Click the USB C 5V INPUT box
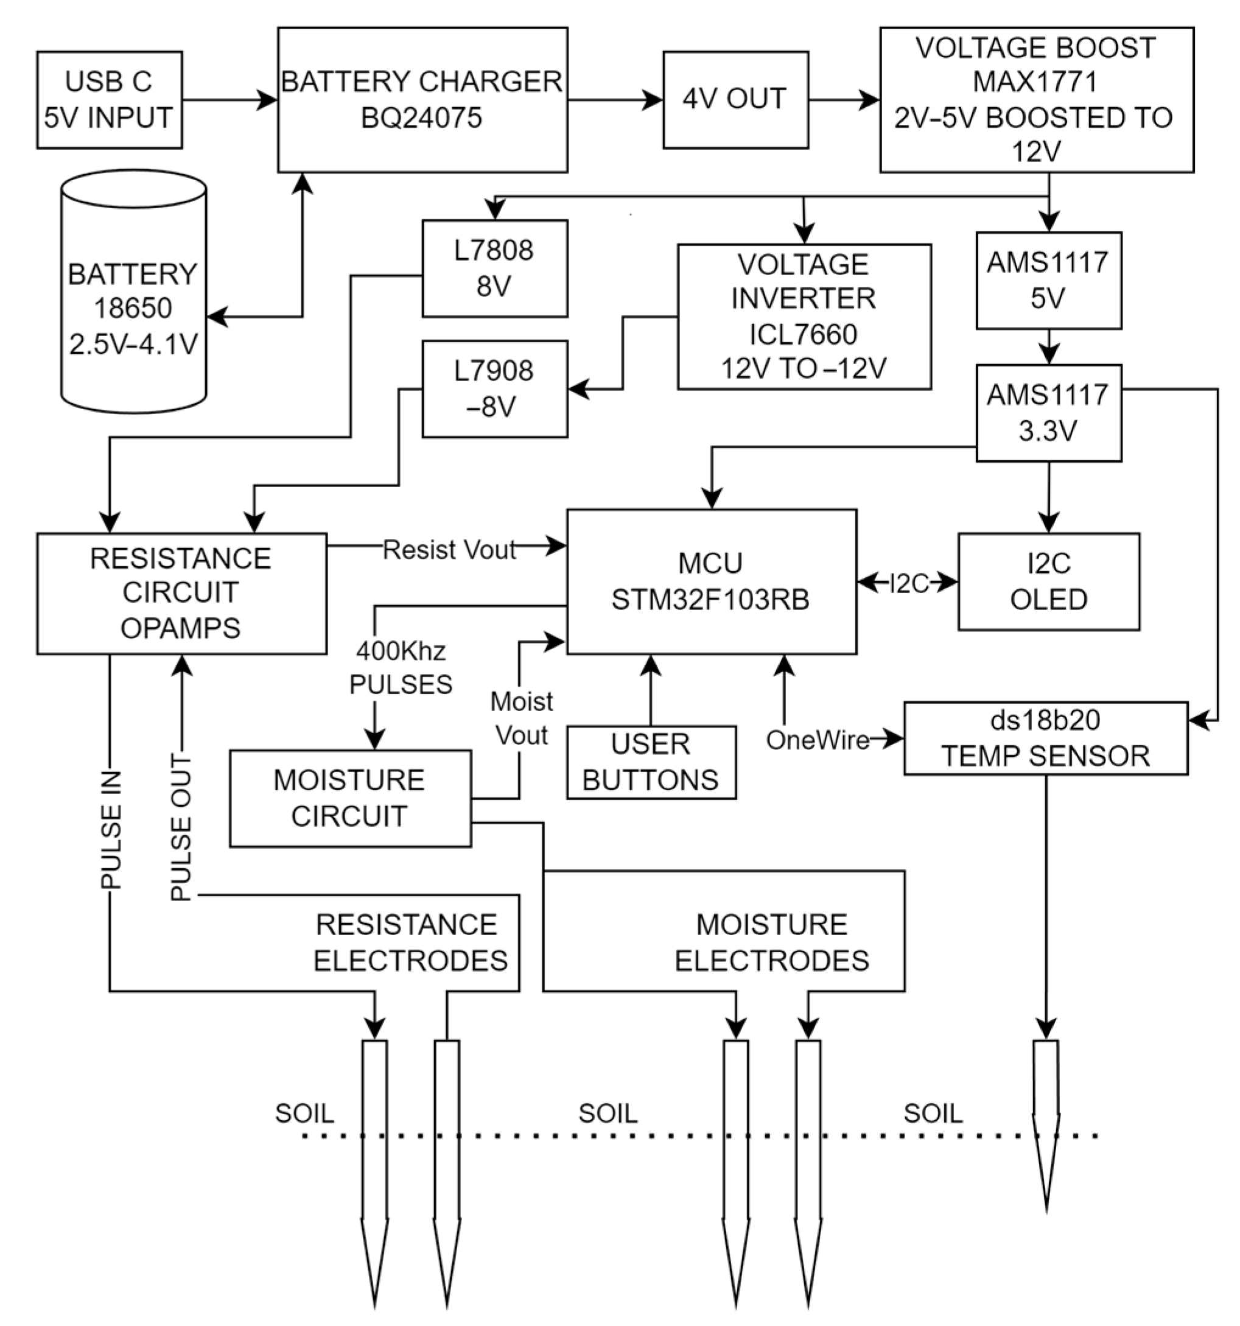(110, 100)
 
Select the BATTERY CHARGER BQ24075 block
(422, 100)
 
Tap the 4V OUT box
(735, 100)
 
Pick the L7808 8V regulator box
(494, 268)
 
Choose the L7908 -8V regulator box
(494, 389)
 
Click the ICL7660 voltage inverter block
(804, 316)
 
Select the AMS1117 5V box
(1048, 280)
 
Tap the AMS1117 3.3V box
(1048, 413)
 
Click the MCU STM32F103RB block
(711, 581)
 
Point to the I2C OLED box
(1048, 581)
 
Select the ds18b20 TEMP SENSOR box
(1045, 738)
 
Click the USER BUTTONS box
(651, 762)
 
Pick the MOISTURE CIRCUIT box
(350, 798)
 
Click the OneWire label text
(817, 740)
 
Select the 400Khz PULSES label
(401, 668)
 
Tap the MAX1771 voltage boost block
(1036, 100)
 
